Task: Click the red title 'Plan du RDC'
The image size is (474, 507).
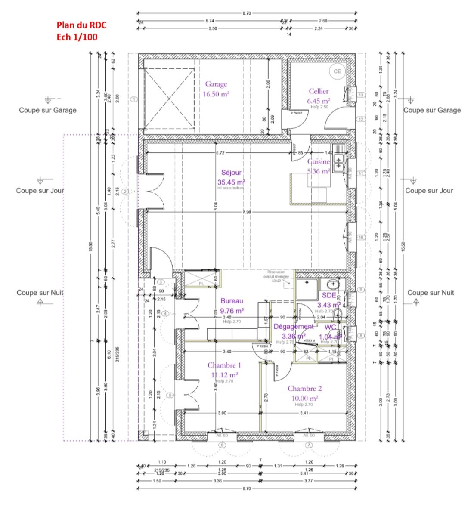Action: [x=81, y=25]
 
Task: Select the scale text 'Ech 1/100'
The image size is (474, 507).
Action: [x=77, y=37]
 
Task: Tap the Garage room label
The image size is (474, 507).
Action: [x=216, y=84]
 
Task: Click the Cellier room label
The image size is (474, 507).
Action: [x=319, y=91]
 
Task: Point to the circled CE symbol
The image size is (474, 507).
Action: [x=337, y=71]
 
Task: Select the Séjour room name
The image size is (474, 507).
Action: [x=231, y=173]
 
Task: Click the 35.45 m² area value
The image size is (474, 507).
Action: [x=231, y=182]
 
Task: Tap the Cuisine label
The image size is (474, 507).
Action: [x=318, y=162]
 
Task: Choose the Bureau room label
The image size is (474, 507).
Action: [x=232, y=301]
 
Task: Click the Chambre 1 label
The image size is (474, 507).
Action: [x=224, y=365]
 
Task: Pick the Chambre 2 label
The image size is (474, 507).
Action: [x=304, y=389]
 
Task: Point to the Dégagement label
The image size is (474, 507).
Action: [x=294, y=327]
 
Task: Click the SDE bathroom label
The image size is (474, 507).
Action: [x=329, y=295]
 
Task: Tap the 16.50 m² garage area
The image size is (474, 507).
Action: [x=216, y=94]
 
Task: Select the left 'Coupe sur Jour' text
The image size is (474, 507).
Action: [x=40, y=191]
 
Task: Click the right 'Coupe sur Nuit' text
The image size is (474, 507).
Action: [x=431, y=293]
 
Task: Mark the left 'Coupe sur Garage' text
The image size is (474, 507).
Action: [x=47, y=110]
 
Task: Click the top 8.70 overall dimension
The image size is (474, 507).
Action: [x=246, y=13]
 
